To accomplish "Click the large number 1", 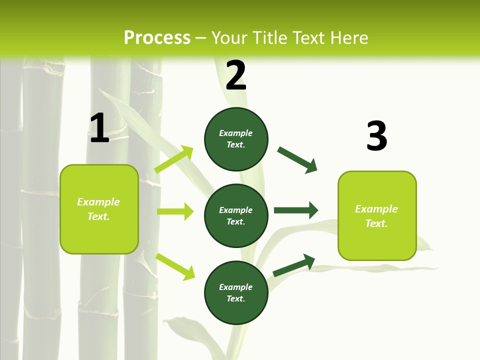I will pyautogui.click(x=99, y=128).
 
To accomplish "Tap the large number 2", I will pyautogui.click(x=236, y=75).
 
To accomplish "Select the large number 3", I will pyautogui.click(x=376, y=136).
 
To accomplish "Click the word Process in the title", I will pyautogui.click(x=157, y=37).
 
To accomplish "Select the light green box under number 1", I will pyautogui.click(x=99, y=209).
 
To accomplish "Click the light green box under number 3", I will pyautogui.click(x=377, y=215).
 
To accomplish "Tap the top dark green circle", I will pyautogui.click(x=236, y=139).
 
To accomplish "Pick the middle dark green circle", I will pyautogui.click(x=236, y=215).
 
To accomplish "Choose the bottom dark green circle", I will pyautogui.click(x=236, y=292).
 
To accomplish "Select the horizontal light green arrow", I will pyautogui.click(x=175, y=211).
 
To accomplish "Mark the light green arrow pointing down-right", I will pyautogui.click(x=175, y=266).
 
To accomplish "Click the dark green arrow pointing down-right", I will pyautogui.click(x=297, y=160).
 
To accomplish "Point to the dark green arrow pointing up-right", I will pyautogui.click(x=294, y=265).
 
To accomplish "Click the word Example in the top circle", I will pyautogui.click(x=235, y=133).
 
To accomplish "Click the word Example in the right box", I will pyautogui.click(x=376, y=209).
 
